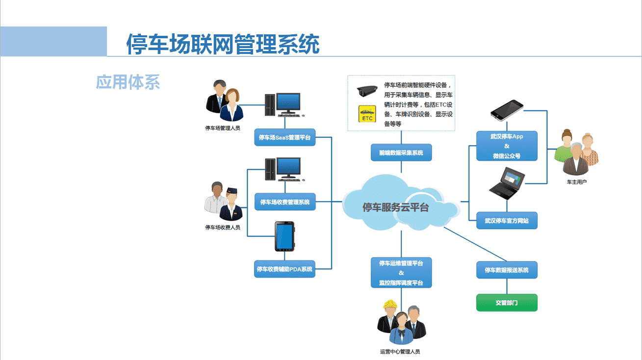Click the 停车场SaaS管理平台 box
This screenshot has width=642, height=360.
(x=285, y=137)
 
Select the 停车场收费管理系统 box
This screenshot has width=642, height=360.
(x=285, y=202)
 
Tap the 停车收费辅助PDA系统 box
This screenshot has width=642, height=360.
(x=284, y=269)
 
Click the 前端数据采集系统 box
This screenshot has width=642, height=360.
(x=401, y=153)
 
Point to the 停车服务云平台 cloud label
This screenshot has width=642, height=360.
(x=395, y=207)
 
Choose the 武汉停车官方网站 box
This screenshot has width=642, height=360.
(x=507, y=220)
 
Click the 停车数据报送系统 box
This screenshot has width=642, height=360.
(x=507, y=270)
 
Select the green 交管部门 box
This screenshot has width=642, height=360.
(x=507, y=303)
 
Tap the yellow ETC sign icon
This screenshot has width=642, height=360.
(x=367, y=114)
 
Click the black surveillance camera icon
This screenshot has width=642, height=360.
(x=367, y=91)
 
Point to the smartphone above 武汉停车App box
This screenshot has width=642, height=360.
(x=507, y=110)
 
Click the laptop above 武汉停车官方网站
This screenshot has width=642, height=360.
(x=507, y=183)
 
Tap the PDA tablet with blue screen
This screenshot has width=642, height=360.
(x=284, y=236)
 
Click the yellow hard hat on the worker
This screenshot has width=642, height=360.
(x=390, y=304)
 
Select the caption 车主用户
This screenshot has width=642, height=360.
(x=577, y=182)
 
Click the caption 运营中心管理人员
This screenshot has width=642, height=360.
(x=400, y=351)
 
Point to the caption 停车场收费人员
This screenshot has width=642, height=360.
(x=223, y=227)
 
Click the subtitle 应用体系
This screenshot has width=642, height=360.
(x=128, y=82)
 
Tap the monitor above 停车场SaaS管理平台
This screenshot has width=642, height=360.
(x=288, y=103)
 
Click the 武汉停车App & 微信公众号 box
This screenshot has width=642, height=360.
(x=507, y=146)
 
